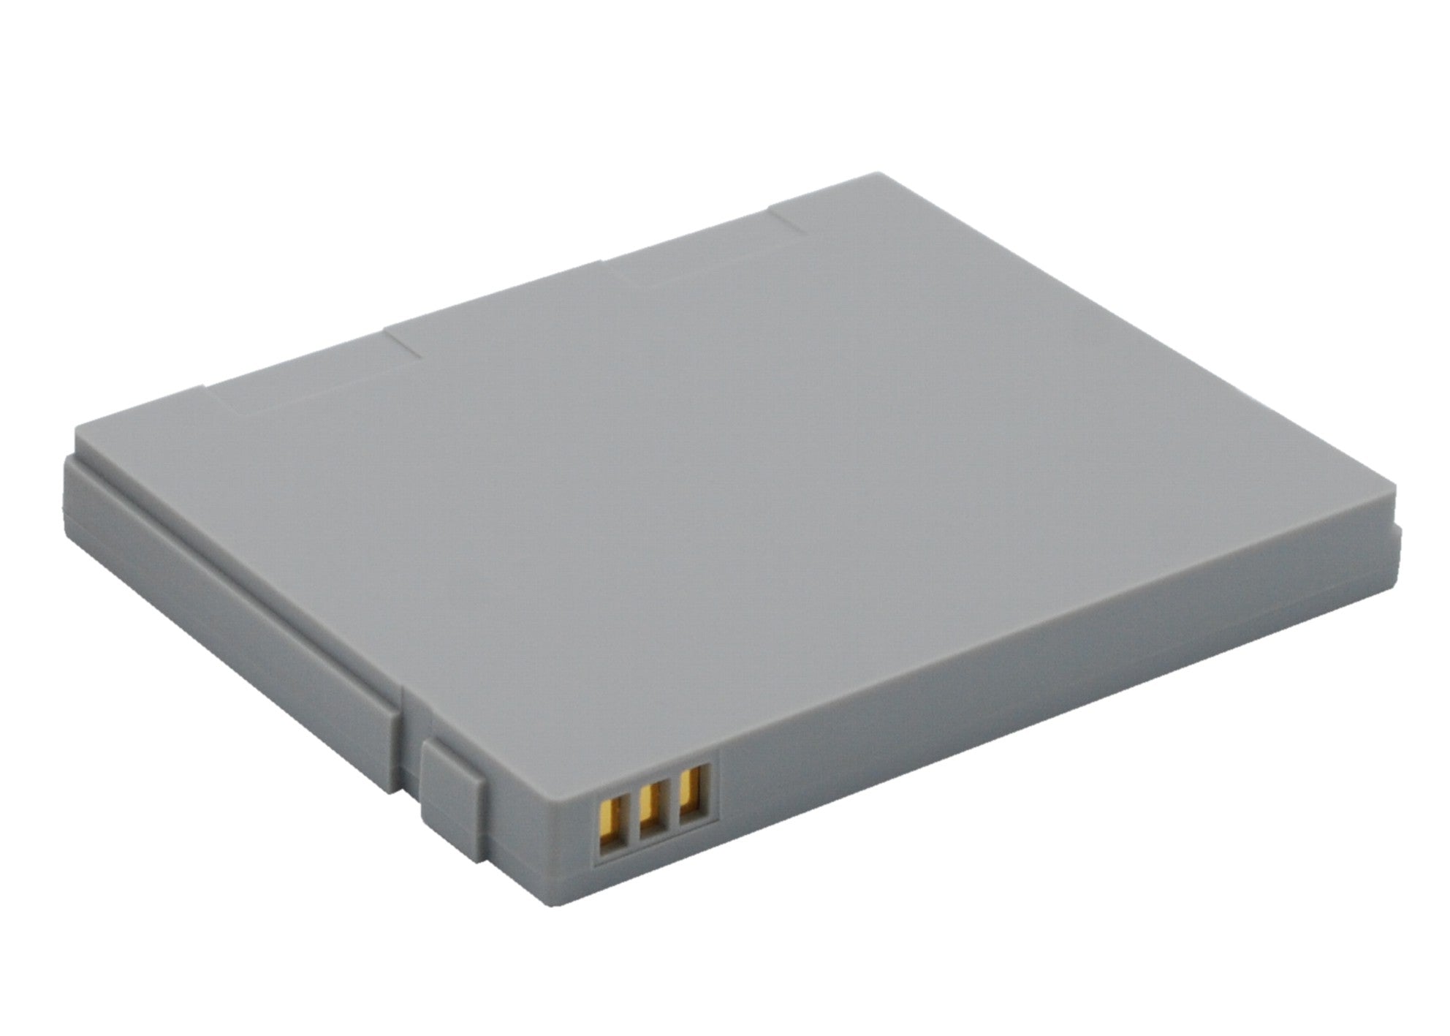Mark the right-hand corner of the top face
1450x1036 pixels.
(x=1392, y=503)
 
